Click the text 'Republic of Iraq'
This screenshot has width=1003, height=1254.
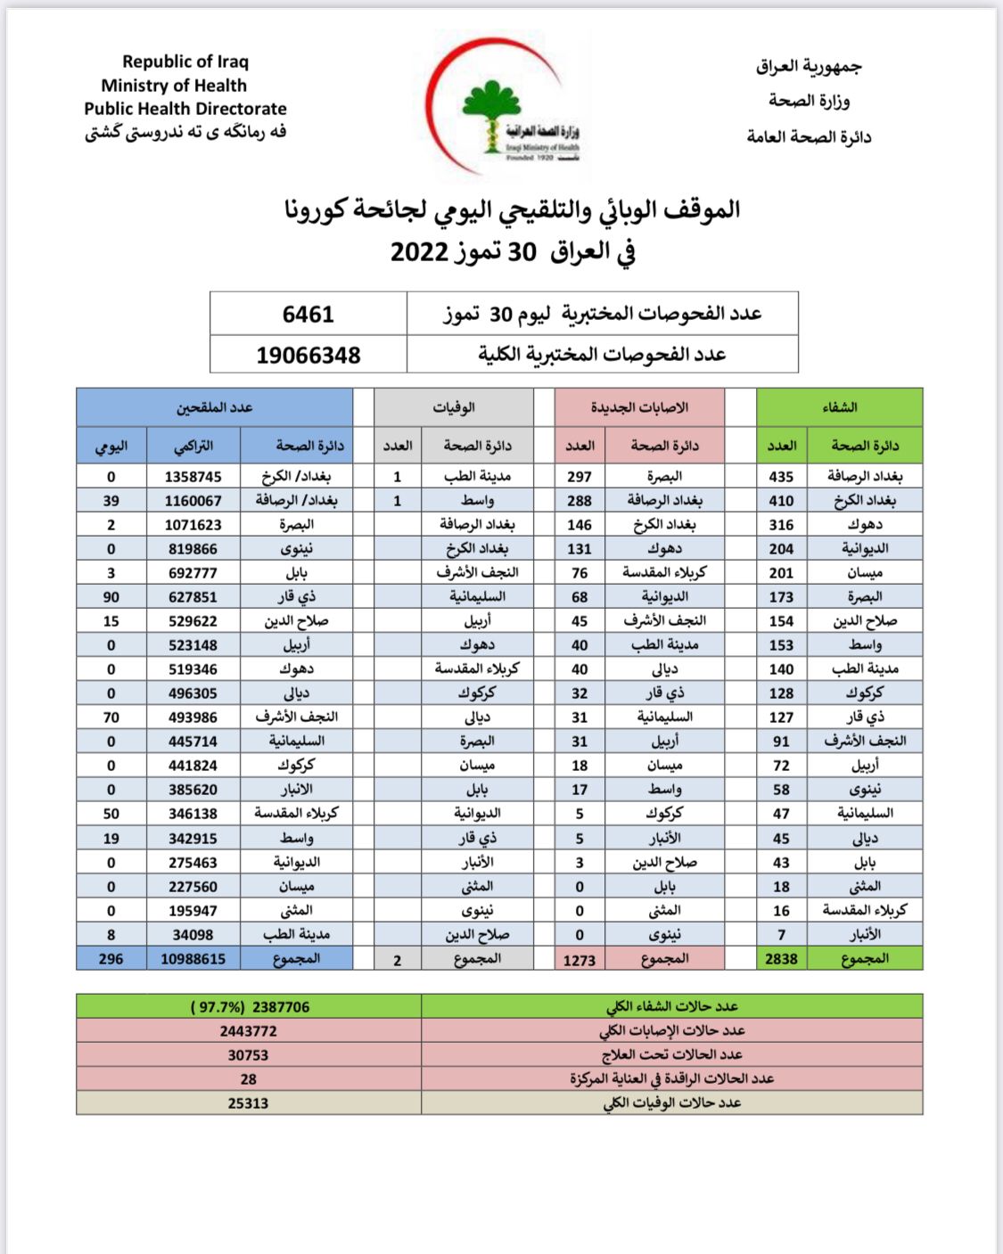[x=185, y=61]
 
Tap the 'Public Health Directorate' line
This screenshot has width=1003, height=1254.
[x=185, y=109]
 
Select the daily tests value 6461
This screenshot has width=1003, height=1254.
[x=308, y=314]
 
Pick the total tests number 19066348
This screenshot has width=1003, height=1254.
[x=308, y=355]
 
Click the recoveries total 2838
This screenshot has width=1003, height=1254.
[x=781, y=959]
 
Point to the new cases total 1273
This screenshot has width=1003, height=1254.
[x=580, y=960]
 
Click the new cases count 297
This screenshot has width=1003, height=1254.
[x=580, y=477]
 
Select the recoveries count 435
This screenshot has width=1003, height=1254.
[x=781, y=477]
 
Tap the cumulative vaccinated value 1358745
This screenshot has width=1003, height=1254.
[x=193, y=477]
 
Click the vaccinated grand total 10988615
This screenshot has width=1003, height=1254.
[x=193, y=959]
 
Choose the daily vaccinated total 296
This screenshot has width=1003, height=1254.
[x=111, y=959]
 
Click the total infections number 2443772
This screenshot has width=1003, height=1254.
[x=248, y=1031]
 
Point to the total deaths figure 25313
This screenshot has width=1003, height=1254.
[x=248, y=1103]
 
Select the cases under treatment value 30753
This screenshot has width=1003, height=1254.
[x=248, y=1055]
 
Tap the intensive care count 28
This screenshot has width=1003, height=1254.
[x=248, y=1079]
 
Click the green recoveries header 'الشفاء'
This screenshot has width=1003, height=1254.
[x=839, y=407]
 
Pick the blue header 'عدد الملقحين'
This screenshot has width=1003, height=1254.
[x=214, y=407]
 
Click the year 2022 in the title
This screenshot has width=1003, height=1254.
[x=419, y=251]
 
